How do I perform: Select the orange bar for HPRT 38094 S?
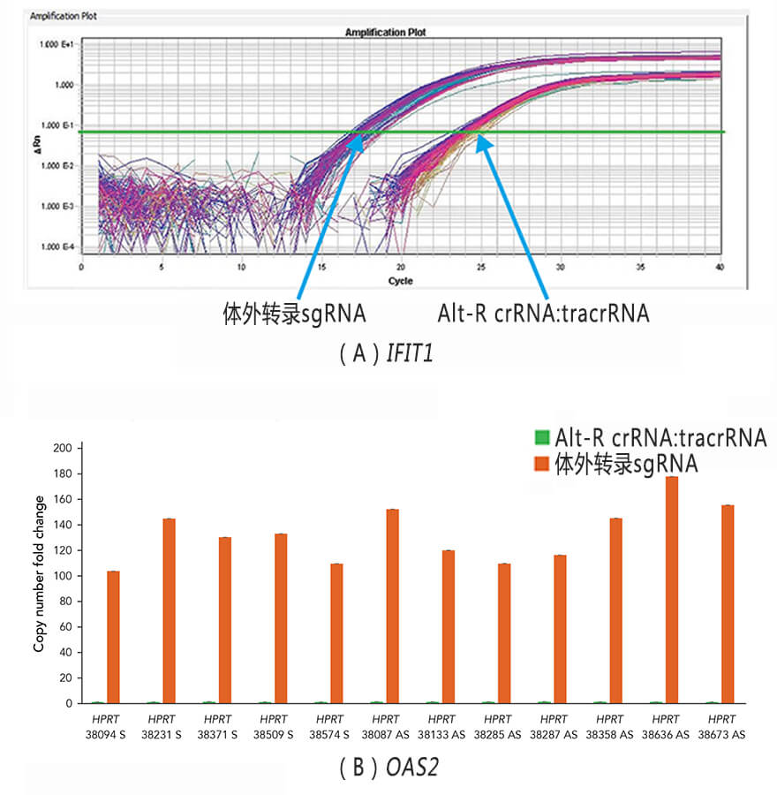point(113,637)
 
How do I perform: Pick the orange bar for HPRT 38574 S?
point(336,633)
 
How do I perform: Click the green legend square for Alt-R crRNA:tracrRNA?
point(541,437)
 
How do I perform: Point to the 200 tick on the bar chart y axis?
point(63,448)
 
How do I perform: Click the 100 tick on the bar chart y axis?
point(63,576)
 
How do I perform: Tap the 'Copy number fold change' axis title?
point(39,575)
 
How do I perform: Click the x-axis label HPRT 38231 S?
point(162,726)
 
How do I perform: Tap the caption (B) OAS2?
point(388,768)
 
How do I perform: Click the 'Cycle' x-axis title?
point(400,281)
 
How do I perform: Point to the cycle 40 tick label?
point(720,267)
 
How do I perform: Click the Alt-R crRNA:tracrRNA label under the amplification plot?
point(543,314)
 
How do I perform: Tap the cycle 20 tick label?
point(401,267)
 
